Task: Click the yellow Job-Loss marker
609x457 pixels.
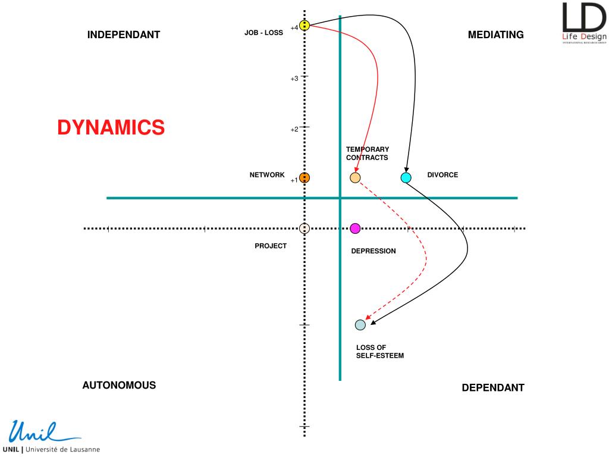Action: click(304, 26)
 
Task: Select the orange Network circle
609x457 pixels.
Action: click(304, 177)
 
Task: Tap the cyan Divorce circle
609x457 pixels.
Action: click(406, 177)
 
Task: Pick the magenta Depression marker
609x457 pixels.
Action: click(355, 228)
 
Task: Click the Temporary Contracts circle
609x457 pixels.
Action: click(355, 177)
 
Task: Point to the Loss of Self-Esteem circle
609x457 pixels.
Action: click(360, 325)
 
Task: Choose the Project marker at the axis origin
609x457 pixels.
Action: click(304, 228)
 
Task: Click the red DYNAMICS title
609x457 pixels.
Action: click(111, 127)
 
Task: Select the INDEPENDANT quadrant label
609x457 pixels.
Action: click(124, 35)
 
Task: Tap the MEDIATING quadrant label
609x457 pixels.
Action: click(495, 35)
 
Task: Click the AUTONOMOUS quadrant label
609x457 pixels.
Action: click(119, 385)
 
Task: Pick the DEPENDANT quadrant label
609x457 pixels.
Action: click(493, 388)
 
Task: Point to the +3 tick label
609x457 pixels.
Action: click(294, 79)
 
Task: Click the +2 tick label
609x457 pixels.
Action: click(294, 130)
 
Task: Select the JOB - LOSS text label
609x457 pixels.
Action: click(263, 33)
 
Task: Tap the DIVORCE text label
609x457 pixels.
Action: click(442, 175)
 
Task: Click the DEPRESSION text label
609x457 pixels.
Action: click(373, 251)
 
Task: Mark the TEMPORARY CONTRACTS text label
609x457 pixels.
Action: click(368, 154)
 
